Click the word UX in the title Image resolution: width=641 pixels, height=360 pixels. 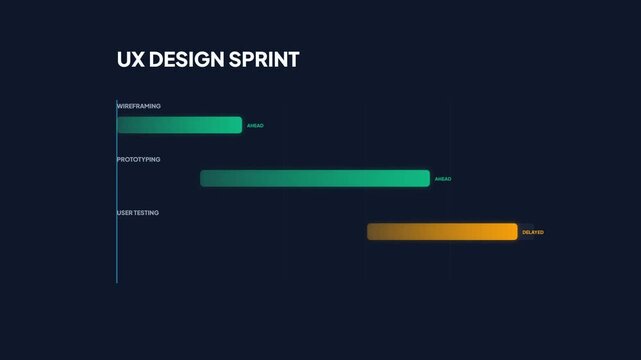pyautogui.click(x=130, y=60)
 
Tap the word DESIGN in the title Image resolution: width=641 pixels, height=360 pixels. pyautogui.click(x=188, y=60)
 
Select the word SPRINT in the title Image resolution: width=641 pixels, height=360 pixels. pyautogui.click(x=266, y=60)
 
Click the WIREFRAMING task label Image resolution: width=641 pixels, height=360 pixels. pyautogui.click(x=139, y=106)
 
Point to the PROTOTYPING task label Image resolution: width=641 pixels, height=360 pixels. pyautogui.click(x=139, y=159)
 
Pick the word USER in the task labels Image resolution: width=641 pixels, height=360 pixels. pyautogui.click(x=125, y=213)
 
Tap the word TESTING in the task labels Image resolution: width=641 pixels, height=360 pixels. pyautogui.click(x=147, y=213)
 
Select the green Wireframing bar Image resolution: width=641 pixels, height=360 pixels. pyautogui.click(x=180, y=125)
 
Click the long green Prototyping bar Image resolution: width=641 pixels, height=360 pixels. pyautogui.click(x=315, y=178)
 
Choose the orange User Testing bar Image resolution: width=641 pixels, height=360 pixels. pyautogui.click(x=442, y=232)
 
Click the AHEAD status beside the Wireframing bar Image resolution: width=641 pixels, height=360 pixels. pyautogui.click(x=255, y=126)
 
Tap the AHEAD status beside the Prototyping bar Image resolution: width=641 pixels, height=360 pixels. pyautogui.click(x=443, y=179)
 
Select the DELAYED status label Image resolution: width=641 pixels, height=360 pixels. pyautogui.click(x=533, y=232)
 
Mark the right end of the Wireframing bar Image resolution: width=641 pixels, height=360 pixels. pyautogui.click(x=240, y=125)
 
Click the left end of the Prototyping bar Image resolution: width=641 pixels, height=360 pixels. pyautogui.click(x=203, y=178)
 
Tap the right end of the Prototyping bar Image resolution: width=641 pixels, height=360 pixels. pyautogui.click(x=427, y=178)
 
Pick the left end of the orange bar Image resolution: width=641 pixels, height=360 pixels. pyautogui.click(x=370, y=232)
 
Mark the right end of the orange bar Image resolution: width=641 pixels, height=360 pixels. pyautogui.click(x=515, y=232)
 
